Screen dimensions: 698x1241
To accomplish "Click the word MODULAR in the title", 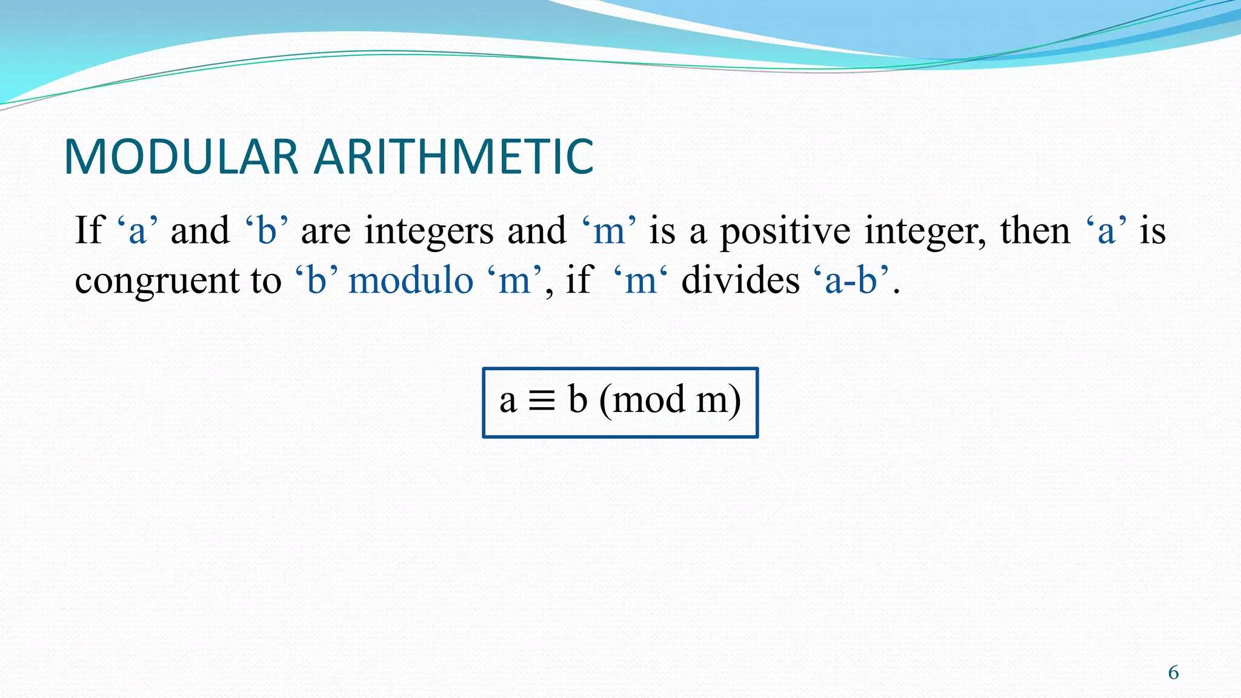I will point(181,157).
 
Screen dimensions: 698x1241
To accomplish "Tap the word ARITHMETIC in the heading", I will point(454,157).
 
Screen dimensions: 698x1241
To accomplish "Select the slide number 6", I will point(1173,673).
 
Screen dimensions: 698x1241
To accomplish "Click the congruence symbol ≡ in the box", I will point(542,401).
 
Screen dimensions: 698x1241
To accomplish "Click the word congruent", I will point(157,282).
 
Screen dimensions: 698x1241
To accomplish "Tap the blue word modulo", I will point(411,281).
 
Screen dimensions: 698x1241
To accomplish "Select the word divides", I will point(740,281).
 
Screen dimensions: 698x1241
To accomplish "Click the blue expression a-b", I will point(851,281).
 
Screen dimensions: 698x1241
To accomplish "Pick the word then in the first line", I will point(1035,231).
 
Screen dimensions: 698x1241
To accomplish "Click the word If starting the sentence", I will point(90,231).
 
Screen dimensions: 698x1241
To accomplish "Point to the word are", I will point(325,232).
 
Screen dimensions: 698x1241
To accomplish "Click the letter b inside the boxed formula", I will point(577,399).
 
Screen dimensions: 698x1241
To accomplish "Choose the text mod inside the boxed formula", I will point(649,401).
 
